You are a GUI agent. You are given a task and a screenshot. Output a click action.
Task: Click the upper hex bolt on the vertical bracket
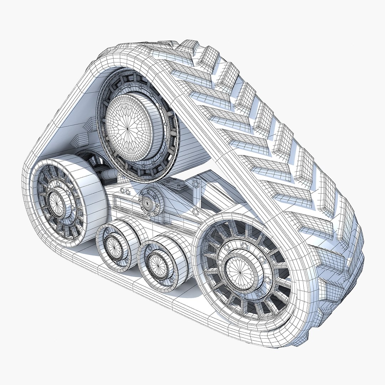195,185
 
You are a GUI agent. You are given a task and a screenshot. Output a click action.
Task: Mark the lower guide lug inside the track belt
79,139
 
